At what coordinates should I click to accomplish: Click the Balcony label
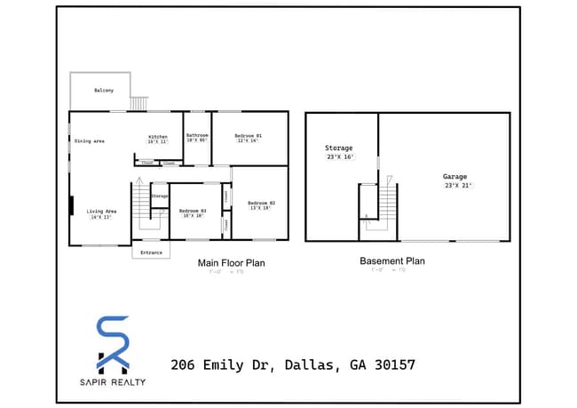104,91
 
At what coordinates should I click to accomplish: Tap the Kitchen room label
157,137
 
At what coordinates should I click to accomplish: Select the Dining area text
90,141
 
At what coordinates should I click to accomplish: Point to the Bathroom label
196,135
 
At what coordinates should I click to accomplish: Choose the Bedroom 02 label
261,203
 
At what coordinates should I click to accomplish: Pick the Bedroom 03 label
192,211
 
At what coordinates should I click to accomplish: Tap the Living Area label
101,211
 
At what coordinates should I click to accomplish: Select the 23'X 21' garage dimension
458,186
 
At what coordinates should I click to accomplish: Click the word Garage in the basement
454,177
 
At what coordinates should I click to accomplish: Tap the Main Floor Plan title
231,263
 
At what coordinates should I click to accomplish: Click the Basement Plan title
391,261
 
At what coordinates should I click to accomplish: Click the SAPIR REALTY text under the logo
113,382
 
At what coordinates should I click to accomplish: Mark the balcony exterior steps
138,104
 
